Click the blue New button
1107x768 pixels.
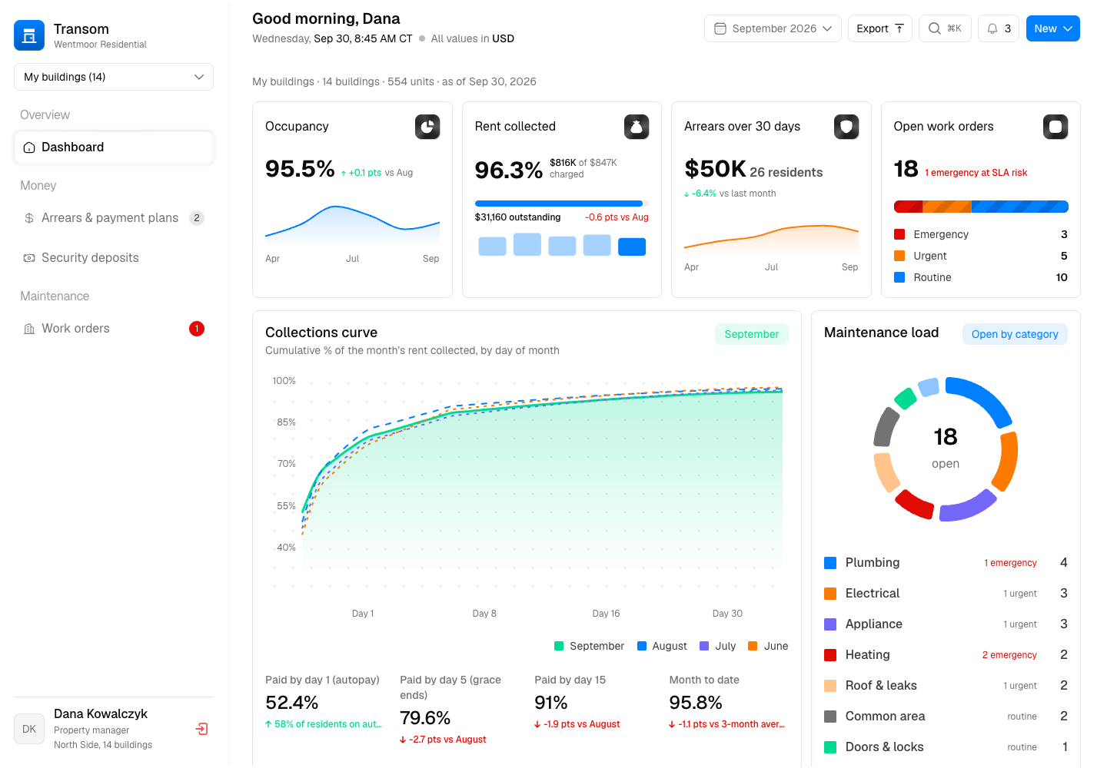tap(1052, 28)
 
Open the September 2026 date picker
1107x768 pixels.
tap(773, 28)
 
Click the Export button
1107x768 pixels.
tap(879, 28)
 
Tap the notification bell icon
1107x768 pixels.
tap(992, 28)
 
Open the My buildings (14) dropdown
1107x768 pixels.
tap(114, 77)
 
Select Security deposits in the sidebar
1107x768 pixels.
tap(90, 257)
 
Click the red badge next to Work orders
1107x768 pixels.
tap(197, 329)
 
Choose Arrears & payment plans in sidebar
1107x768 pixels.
tap(110, 217)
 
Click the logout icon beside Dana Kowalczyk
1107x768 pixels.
tap(201, 729)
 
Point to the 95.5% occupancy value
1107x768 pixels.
tap(300, 169)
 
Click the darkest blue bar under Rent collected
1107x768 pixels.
tap(632, 247)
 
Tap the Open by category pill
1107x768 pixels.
tap(1015, 334)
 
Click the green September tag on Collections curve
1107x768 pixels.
tap(751, 334)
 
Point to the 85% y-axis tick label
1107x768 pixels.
tap(286, 422)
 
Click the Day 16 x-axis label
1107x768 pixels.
tap(606, 614)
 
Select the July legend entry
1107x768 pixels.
tap(718, 646)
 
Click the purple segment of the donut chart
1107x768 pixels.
tap(967, 505)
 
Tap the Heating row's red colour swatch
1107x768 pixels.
tap(830, 655)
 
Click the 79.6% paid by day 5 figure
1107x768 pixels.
tap(425, 718)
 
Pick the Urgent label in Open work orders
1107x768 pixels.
tap(929, 256)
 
